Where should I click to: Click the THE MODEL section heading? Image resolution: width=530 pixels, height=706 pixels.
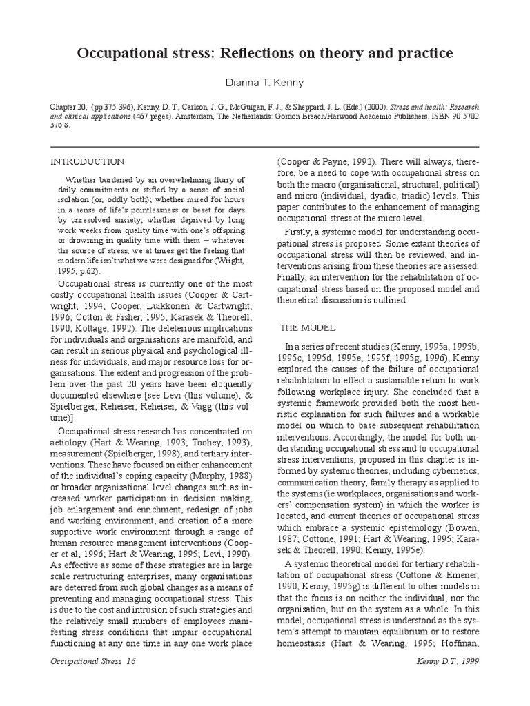[x=308, y=327]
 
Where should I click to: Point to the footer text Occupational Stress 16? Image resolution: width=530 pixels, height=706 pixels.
[x=92, y=680]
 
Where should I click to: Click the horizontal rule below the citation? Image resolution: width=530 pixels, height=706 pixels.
[x=264, y=147]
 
